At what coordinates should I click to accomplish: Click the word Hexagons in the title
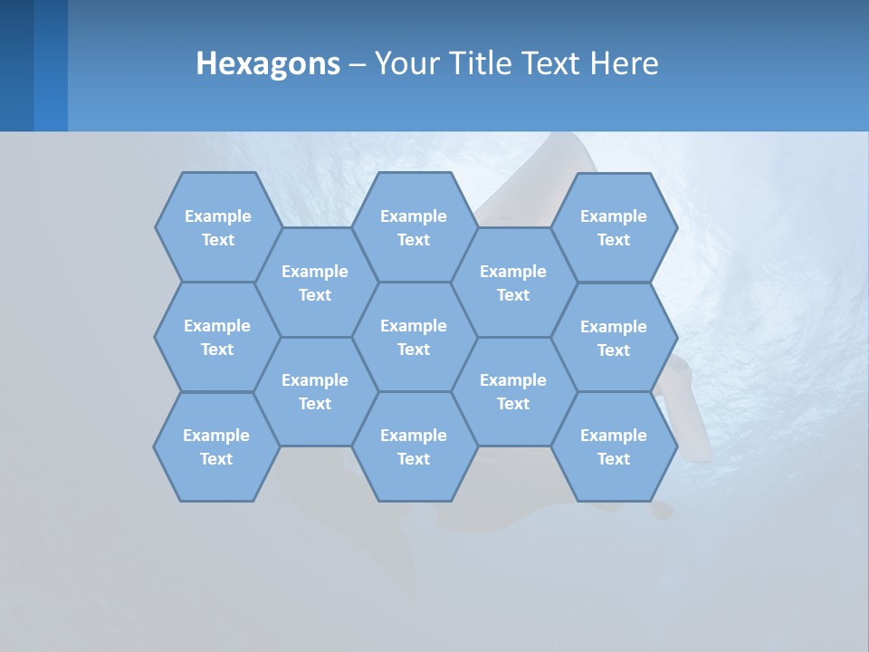coord(268,63)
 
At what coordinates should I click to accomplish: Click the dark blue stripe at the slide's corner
coord(16,65)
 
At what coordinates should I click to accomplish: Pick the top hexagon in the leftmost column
coord(217,227)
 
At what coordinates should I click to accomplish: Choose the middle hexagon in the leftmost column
coord(217,337)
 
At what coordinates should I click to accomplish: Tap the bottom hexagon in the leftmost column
coord(216,446)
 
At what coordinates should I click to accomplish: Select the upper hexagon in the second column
coord(315,283)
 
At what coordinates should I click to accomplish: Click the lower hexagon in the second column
coord(315,391)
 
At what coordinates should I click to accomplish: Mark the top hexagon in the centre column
coord(414,227)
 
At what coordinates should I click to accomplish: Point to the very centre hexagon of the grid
coord(414,337)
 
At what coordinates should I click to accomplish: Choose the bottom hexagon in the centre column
coord(414,446)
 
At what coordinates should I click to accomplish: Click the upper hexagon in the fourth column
coord(513,283)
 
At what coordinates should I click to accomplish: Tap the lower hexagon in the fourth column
coord(513,391)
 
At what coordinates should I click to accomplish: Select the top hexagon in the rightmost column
coord(614,227)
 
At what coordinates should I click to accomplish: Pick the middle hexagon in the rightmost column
coord(614,338)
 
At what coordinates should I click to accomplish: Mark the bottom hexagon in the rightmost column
coord(614,446)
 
